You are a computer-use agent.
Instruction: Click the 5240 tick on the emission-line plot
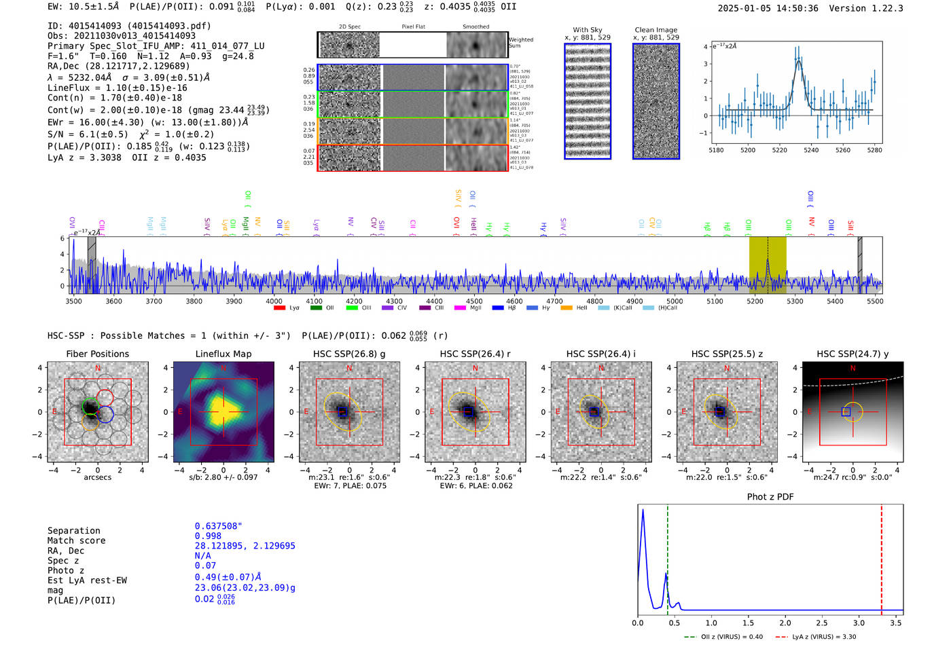tap(811, 150)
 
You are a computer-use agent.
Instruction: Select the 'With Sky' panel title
tap(588, 30)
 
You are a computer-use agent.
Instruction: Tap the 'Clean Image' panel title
tap(656, 30)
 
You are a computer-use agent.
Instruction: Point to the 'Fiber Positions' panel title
tap(97, 354)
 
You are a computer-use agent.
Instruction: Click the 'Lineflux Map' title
tap(223, 354)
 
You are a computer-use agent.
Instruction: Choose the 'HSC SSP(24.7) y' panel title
tap(853, 354)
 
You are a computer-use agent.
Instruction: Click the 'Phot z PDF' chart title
tap(770, 497)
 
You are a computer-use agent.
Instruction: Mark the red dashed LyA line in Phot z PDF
tap(882, 557)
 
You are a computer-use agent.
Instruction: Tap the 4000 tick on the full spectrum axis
tap(274, 301)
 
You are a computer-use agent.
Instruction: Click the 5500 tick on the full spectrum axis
tap(875, 301)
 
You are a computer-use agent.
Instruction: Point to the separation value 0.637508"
tap(219, 526)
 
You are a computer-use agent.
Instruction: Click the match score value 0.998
tap(207, 536)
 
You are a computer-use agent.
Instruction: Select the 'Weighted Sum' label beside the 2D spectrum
tap(521, 43)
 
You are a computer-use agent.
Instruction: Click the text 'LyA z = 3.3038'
tap(84, 158)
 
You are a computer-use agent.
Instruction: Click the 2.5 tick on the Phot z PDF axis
tap(822, 623)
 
